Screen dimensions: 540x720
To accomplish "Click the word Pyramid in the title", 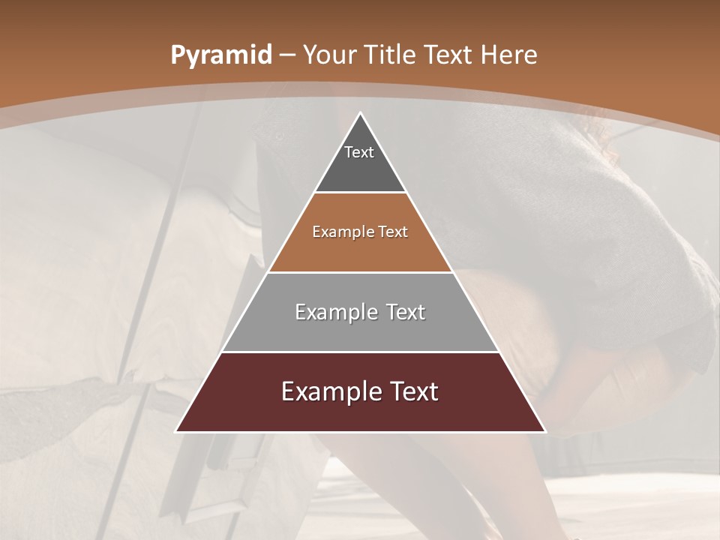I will click(220, 55).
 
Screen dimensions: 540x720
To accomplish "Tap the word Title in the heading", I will click(391, 55).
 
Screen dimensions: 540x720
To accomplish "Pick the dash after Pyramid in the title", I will click(286, 55).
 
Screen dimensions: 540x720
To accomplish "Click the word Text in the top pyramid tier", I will click(359, 152).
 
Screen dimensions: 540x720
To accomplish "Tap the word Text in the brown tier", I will click(392, 232).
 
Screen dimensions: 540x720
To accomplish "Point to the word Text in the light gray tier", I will click(405, 312).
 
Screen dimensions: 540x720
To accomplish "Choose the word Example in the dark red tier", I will click(328, 391).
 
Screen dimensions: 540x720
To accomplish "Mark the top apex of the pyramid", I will click(360, 112).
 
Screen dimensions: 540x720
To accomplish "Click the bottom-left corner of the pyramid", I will click(175, 432).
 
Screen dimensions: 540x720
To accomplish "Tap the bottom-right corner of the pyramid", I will click(545, 432).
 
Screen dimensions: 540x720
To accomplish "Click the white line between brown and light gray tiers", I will click(360, 272).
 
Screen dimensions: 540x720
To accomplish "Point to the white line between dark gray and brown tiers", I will click(360, 193).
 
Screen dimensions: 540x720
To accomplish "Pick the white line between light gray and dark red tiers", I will click(360, 352).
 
